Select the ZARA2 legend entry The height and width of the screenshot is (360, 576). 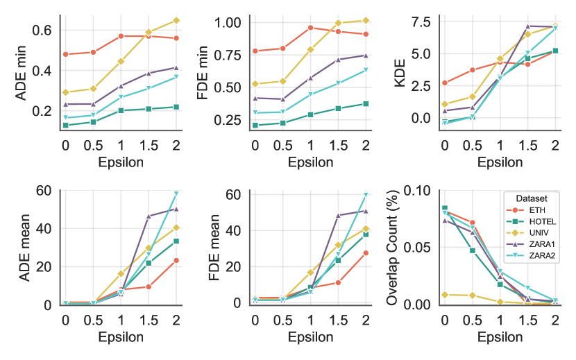(535, 256)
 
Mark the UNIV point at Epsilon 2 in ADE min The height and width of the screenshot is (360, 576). (176, 20)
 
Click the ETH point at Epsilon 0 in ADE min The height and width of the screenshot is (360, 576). (65, 54)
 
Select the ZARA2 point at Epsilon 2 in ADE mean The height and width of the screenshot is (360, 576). (176, 194)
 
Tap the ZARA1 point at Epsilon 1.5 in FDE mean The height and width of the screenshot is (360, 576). (338, 215)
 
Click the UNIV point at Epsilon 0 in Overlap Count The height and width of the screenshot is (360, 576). (444, 294)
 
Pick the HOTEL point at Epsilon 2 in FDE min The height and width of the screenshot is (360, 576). (365, 103)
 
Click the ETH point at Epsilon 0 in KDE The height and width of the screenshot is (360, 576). (444, 83)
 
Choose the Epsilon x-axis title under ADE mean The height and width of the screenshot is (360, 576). (120, 337)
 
